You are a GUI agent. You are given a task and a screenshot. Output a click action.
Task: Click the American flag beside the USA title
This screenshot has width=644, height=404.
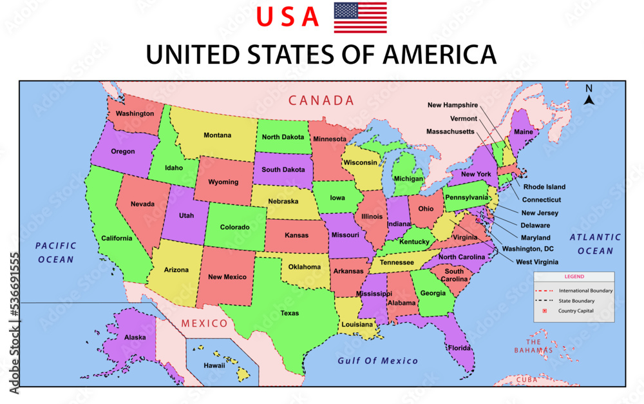point(360,17)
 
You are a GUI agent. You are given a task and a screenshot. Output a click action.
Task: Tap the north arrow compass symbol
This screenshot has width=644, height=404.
point(589,95)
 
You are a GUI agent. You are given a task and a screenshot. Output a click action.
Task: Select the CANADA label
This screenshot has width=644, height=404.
point(321,101)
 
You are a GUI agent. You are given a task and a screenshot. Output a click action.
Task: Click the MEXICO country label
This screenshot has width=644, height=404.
point(204,323)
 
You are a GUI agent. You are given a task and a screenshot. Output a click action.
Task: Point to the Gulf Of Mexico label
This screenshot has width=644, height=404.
point(377,361)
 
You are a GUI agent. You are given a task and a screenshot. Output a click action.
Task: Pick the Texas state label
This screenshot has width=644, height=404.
point(289,314)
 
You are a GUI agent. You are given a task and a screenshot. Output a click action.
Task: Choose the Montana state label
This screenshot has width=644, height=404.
point(217,135)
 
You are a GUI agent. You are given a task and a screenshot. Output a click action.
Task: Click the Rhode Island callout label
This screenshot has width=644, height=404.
point(544,188)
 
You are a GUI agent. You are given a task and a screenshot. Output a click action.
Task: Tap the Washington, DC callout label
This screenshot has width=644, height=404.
point(527,249)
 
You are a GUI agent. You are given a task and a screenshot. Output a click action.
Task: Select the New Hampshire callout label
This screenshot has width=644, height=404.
point(452,105)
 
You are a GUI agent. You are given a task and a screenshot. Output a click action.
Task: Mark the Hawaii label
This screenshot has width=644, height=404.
point(214,365)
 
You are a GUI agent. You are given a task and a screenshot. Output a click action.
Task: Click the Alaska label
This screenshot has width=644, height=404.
point(135,337)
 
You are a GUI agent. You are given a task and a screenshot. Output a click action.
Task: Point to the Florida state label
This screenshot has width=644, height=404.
point(460,348)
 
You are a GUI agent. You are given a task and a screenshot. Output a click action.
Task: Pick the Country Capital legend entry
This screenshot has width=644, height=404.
point(576,311)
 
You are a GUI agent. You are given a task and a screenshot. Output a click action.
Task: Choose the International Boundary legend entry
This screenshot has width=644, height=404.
point(585,291)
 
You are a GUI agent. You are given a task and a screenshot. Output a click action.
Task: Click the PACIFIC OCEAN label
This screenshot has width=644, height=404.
point(56,253)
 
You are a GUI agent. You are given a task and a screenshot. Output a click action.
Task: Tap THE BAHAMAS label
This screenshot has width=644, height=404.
point(533,346)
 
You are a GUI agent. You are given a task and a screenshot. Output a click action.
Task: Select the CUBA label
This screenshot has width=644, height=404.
point(526,380)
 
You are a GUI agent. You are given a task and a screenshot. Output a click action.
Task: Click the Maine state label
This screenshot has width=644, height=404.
point(523,133)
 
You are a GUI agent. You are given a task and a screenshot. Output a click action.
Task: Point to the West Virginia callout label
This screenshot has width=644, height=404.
point(536,262)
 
